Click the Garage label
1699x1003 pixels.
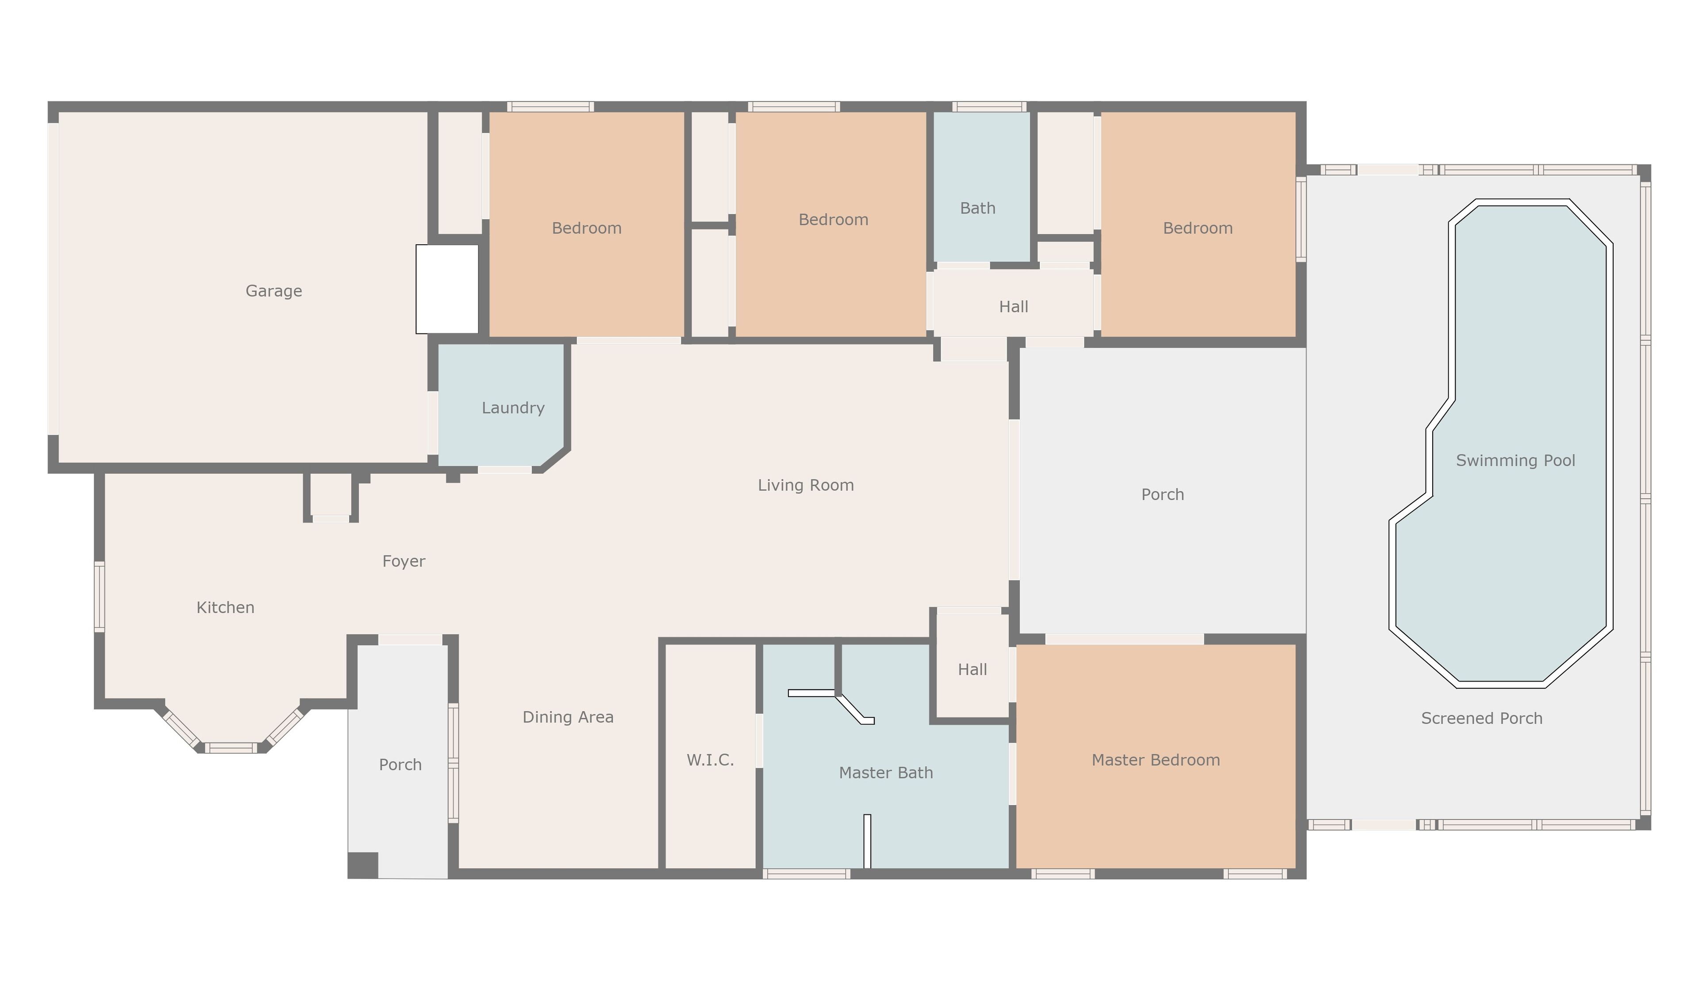(x=273, y=291)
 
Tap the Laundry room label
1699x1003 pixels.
(x=513, y=408)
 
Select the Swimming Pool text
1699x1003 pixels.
(x=1515, y=461)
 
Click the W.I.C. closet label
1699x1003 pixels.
(x=710, y=760)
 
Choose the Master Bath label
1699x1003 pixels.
(x=886, y=773)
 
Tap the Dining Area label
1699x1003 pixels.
(x=568, y=718)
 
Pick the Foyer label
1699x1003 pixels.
(x=404, y=562)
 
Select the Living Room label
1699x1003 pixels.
(x=806, y=485)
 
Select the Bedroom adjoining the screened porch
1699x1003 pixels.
(x=1198, y=228)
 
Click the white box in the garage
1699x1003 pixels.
(x=447, y=289)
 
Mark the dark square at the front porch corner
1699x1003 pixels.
(x=363, y=865)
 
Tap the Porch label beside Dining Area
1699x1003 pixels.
(x=400, y=765)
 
